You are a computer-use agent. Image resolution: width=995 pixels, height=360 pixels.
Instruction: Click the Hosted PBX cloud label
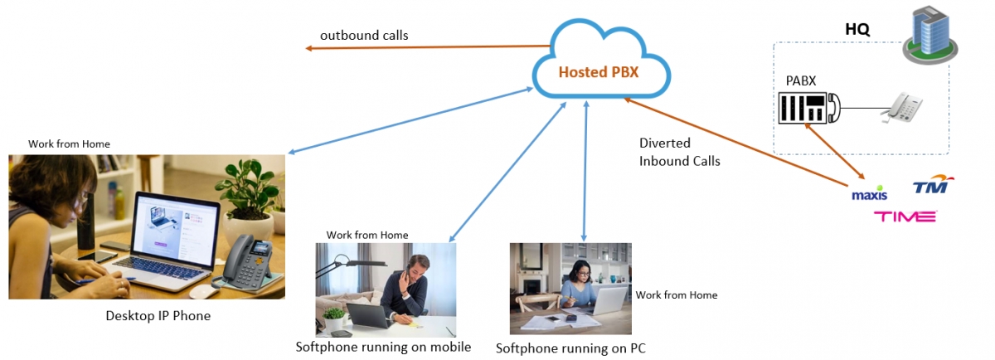598,72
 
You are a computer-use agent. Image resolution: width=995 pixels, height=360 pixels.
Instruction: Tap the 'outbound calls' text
364,36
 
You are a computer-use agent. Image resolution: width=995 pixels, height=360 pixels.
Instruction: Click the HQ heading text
857,29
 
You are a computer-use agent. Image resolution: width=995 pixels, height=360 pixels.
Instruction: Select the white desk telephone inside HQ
901,108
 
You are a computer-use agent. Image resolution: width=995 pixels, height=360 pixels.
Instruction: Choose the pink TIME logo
905,216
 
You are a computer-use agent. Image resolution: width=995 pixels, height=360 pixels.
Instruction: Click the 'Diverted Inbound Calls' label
679,152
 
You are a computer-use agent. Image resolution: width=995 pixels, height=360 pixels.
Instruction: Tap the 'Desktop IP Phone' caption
158,315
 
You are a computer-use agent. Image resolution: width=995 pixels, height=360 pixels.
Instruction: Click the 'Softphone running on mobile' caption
383,347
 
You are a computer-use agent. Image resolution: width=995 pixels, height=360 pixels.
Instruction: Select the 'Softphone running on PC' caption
570,348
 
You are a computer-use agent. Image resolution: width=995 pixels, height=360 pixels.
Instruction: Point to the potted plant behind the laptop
245,192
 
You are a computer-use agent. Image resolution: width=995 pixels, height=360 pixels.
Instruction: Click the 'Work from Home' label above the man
367,235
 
